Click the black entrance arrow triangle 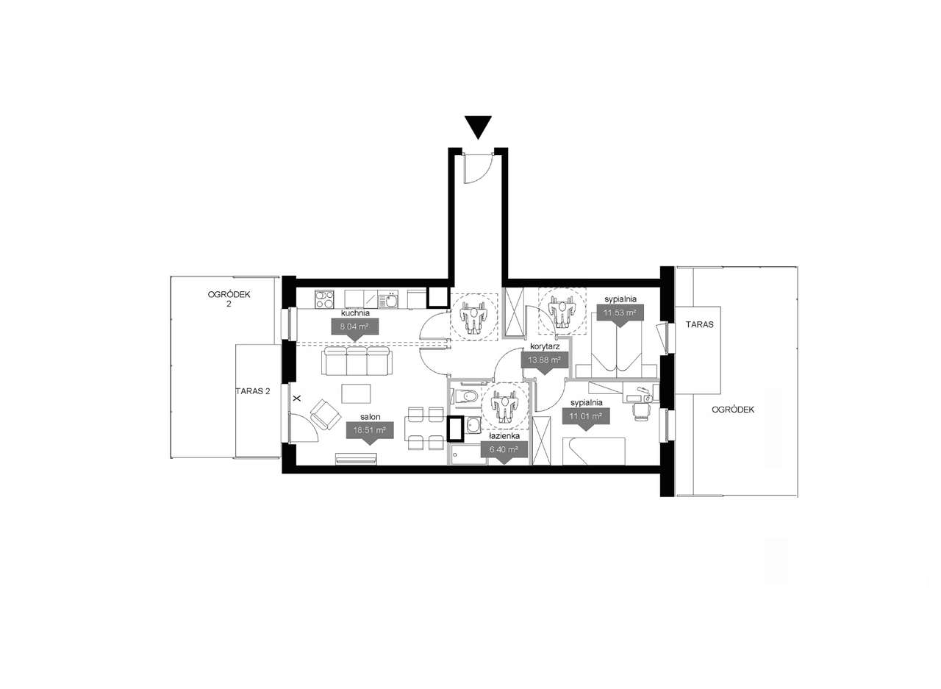(x=479, y=127)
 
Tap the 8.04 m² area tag (x=354, y=328)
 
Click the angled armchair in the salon (x=325, y=413)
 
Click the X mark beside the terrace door (x=297, y=398)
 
